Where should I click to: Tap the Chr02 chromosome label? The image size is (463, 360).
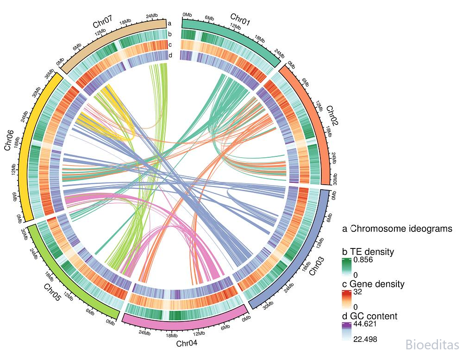(332, 116)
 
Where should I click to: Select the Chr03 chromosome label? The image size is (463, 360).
(317, 266)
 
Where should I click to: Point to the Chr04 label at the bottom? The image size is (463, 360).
(187, 343)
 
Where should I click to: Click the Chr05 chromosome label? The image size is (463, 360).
(52, 292)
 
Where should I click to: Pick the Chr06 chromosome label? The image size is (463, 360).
(9, 140)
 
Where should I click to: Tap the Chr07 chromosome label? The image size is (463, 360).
(102, 22)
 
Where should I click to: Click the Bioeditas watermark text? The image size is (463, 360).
(432, 344)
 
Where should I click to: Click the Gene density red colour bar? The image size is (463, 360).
(347, 299)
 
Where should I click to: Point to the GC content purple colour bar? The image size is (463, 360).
(347, 332)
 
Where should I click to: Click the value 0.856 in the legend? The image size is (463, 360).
(363, 260)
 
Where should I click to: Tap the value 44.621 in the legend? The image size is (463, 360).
(365, 324)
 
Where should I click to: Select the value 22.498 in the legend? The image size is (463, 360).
(365, 339)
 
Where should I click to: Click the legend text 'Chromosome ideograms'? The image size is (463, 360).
(401, 229)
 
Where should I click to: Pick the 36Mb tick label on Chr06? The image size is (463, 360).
(49, 74)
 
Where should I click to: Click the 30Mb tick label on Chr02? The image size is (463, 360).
(335, 180)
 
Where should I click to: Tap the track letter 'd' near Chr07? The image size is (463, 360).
(170, 55)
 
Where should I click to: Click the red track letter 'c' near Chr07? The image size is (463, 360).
(170, 45)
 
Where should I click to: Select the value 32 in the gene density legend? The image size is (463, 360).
(357, 292)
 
